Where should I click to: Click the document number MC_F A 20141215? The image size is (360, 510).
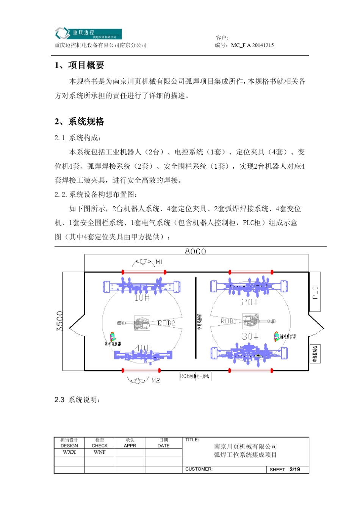coord(252,45)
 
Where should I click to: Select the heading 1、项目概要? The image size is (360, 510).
coord(79,65)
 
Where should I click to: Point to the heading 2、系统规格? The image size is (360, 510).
coord(79,122)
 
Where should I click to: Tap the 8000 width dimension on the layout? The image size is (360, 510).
coord(195,251)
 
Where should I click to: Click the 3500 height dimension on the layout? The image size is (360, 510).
coord(60,321)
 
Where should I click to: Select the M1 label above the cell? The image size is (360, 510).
coord(159,262)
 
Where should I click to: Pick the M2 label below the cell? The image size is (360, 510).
coord(156,380)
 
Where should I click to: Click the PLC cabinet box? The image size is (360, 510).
coord(315,292)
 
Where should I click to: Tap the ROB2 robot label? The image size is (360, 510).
coord(166,323)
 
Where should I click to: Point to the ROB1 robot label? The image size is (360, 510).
coord(229,321)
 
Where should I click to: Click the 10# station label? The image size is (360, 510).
coord(142,298)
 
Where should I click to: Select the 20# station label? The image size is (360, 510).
coord(250,302)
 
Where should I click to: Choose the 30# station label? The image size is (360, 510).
coord(250,336)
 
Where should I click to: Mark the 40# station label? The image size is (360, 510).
coord(143,348)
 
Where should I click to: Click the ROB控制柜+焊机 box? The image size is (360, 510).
coord(195,376)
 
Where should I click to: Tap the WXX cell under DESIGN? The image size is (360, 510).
coord(69,452)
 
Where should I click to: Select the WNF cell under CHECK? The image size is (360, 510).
coord(100,452)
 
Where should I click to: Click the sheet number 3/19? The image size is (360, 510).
coord(295,469)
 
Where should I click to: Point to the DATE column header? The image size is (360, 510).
coord(163,446)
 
